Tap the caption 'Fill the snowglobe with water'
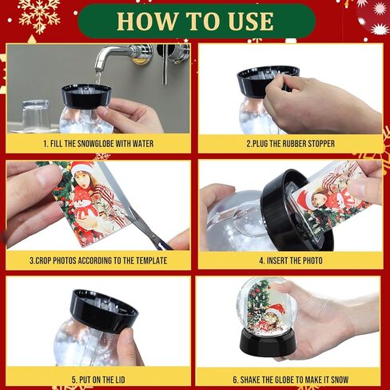(x=98, y=144)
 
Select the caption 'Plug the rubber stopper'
(x=290, y=144)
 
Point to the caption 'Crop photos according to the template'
(x=98, y=261)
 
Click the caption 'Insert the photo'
(x=290, y=261)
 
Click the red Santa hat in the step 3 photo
(x=82, y=169)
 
